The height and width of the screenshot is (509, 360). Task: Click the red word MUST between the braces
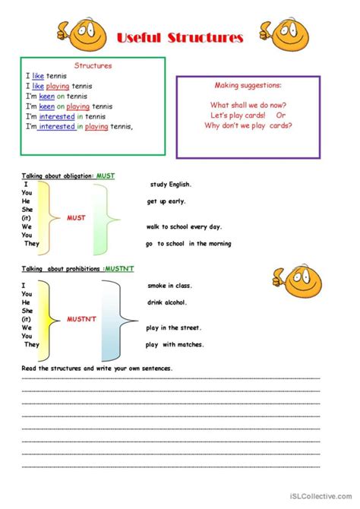click(x=77, y=217)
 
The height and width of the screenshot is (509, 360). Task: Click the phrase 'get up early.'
click(x=166, y=201)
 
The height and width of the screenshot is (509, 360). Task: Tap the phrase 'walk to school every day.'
click(x=185, y=226)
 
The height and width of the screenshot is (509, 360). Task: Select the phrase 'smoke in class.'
click(x=170, y=286)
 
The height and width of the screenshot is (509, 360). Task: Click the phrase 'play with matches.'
click(x=175, y=344)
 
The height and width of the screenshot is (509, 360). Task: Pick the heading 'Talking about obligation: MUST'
click(x=68, y=175)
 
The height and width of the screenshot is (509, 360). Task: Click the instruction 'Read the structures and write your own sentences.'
click(x=97, y=368)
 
